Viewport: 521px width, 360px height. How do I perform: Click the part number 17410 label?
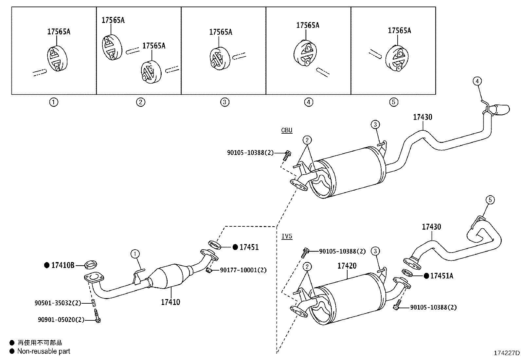click(x=170, y=302)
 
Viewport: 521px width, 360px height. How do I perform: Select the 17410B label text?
click(x=63, y=265)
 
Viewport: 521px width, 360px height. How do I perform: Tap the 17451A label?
click(x=441, y=276)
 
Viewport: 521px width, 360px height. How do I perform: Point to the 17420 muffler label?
click(x=347, y=266)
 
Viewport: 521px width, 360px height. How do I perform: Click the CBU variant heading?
click(x=287, y=130)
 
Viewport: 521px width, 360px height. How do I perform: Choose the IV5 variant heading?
click(x=287, y=236)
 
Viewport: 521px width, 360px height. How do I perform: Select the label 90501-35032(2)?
click(x=58, y=303)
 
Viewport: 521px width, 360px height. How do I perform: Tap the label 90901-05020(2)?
click(x=61, y=319)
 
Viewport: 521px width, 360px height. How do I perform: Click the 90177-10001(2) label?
click(x=243, y=270)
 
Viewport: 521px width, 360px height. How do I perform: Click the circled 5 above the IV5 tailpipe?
click(x=490, y=199)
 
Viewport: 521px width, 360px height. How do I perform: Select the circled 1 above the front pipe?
click(x=135, y=253)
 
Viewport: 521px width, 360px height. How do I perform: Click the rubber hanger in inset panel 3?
click(x=219, y=58)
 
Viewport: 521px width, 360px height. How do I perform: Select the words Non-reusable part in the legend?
click(x=44, y=351)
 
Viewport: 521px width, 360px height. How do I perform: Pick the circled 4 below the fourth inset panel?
click(x=308, y=102)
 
